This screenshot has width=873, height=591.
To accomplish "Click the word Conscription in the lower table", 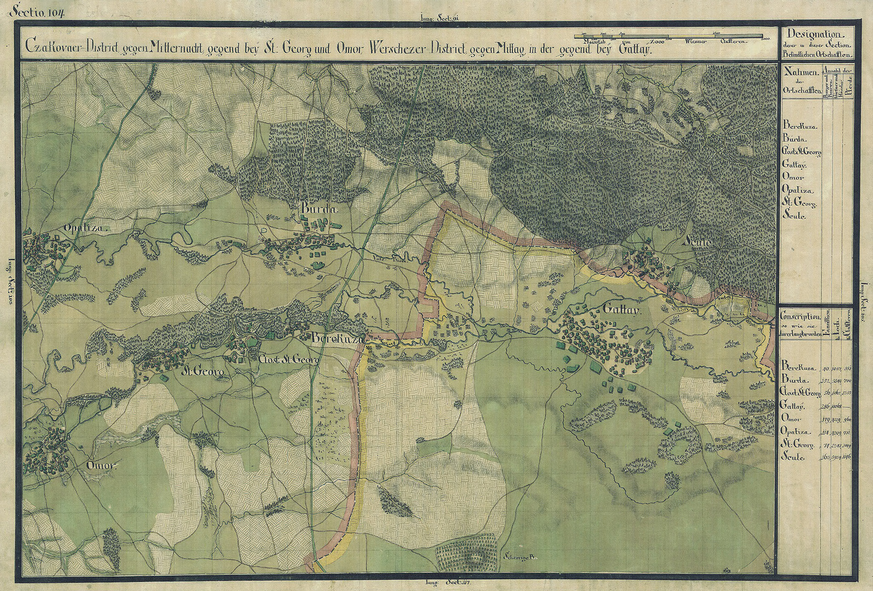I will click(799, 317).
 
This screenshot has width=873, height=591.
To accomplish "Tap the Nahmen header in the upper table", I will click(799, 73).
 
